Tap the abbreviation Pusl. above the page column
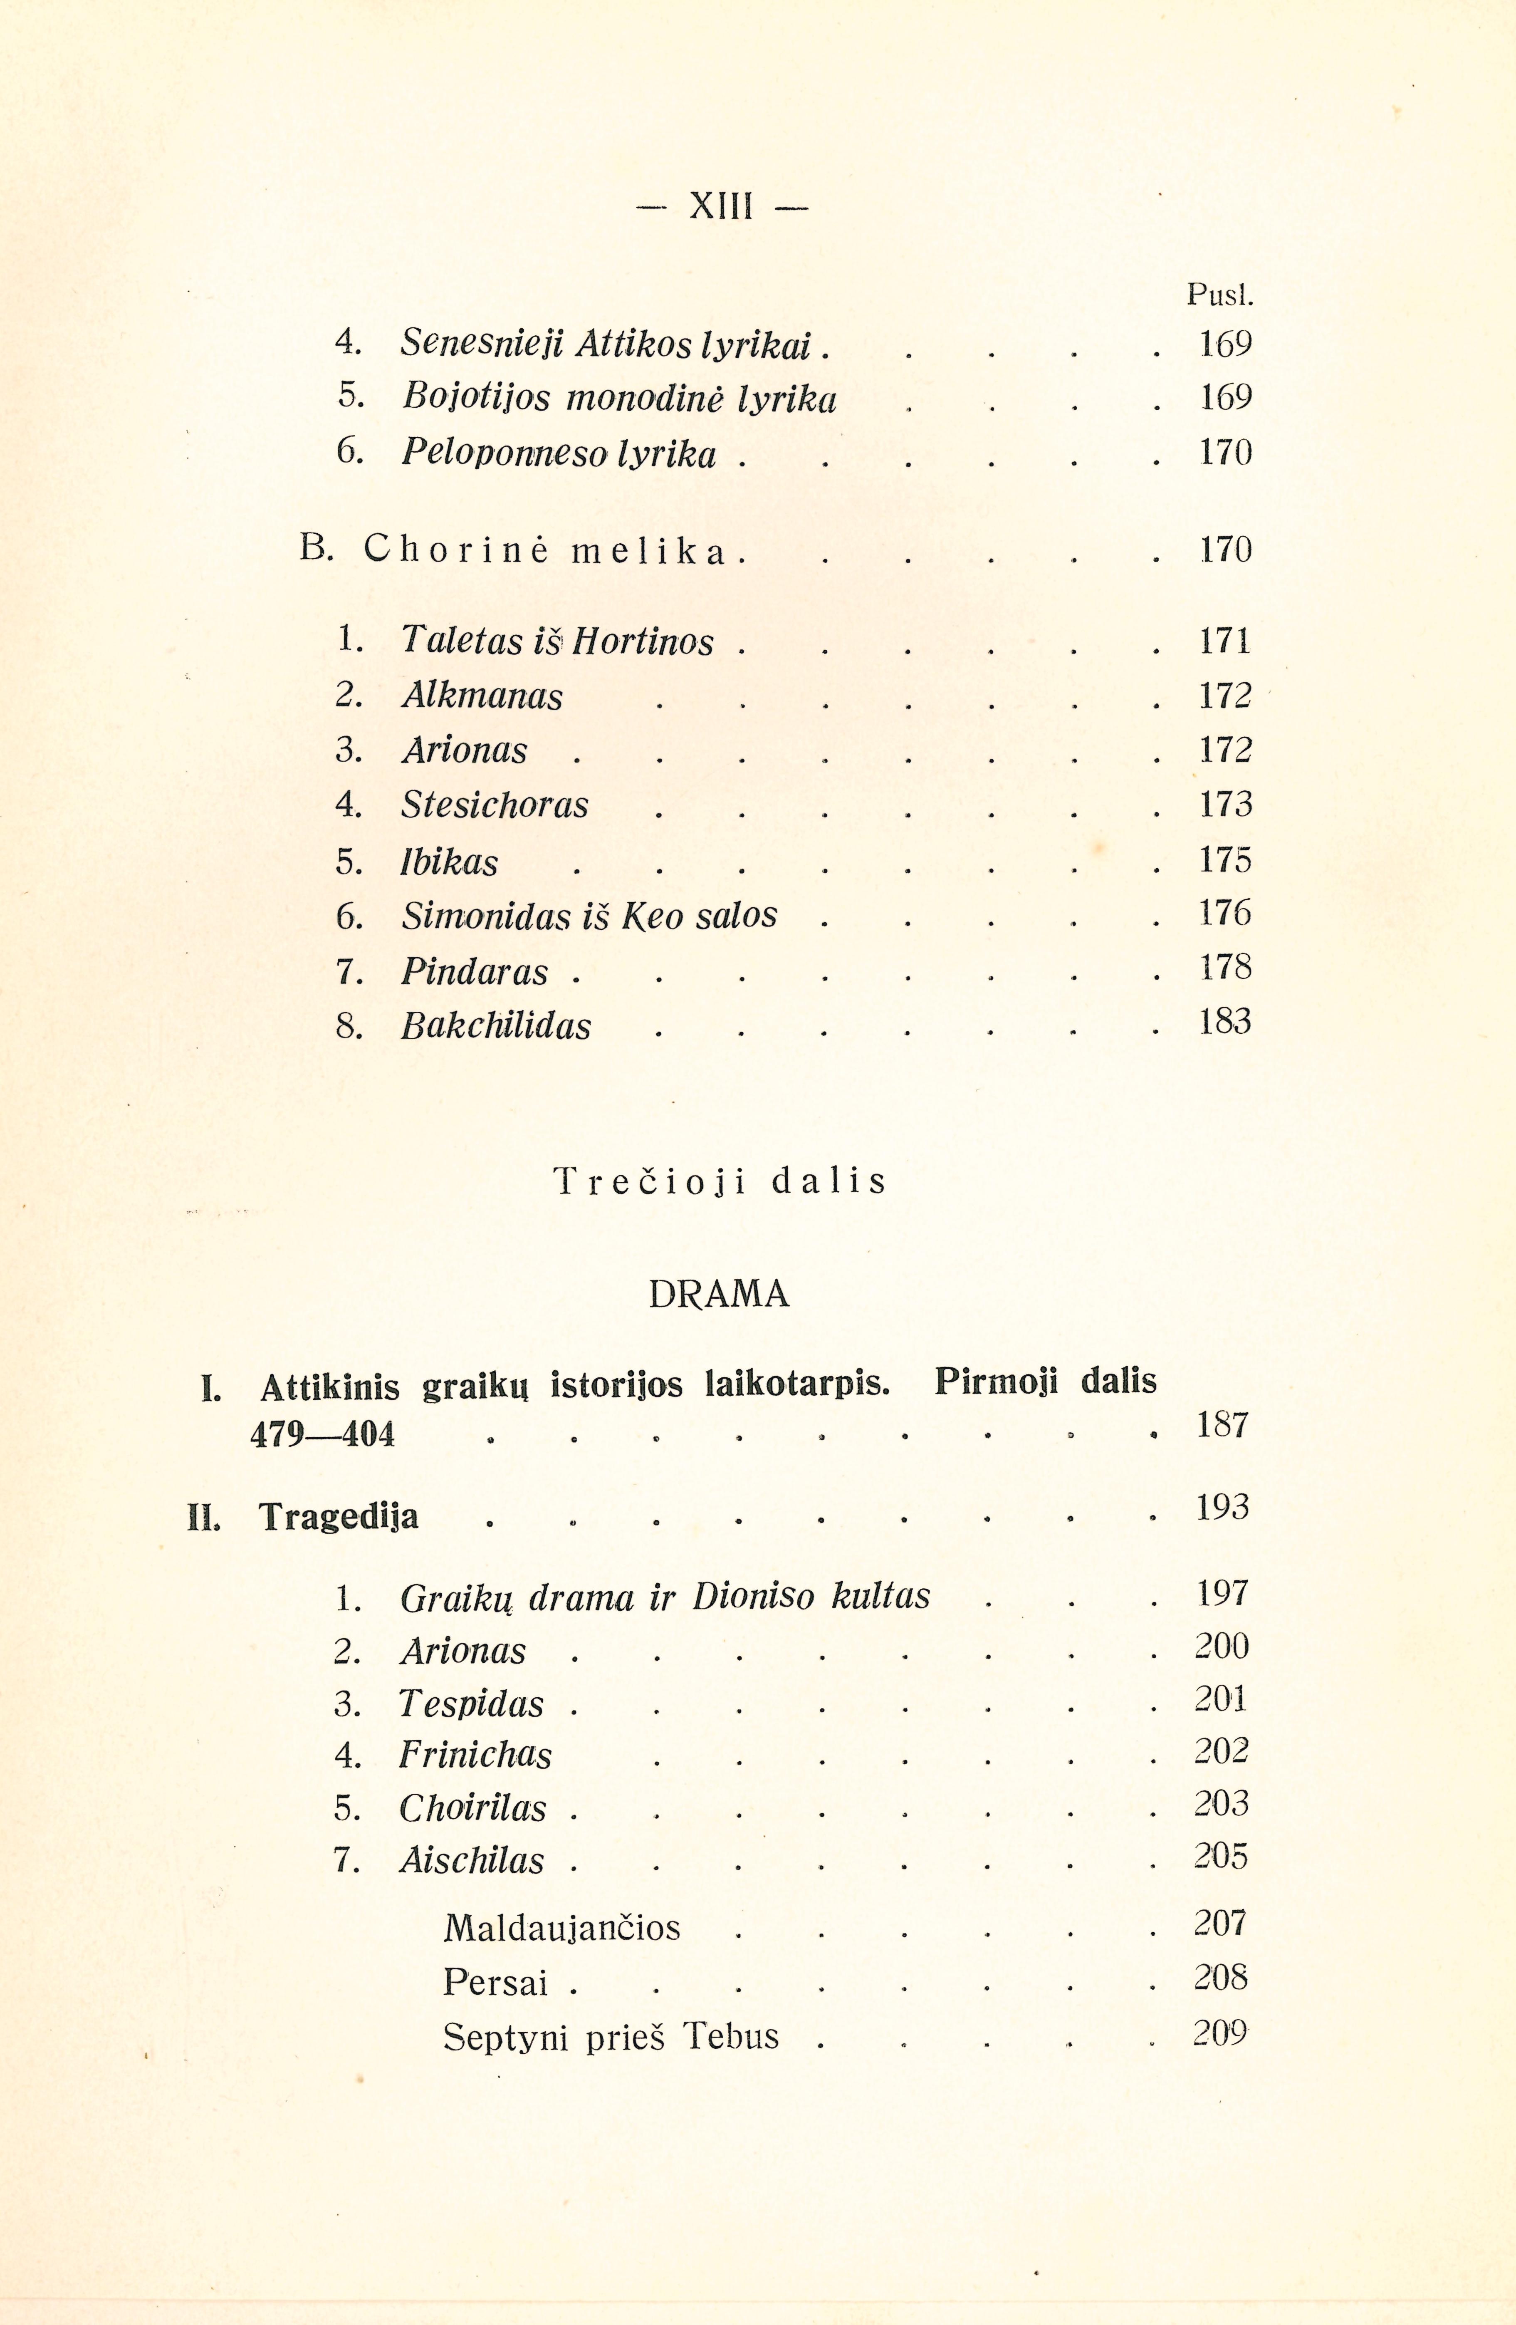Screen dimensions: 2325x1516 point(1219,294)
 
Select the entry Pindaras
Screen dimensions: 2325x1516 point(475,972)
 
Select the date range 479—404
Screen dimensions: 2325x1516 point(322,1434)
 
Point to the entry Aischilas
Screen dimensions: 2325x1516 point(472,1860)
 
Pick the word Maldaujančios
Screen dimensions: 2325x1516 point(561,1927)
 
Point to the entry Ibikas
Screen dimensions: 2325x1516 point(449,862)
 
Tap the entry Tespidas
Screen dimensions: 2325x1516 point(472,1704)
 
